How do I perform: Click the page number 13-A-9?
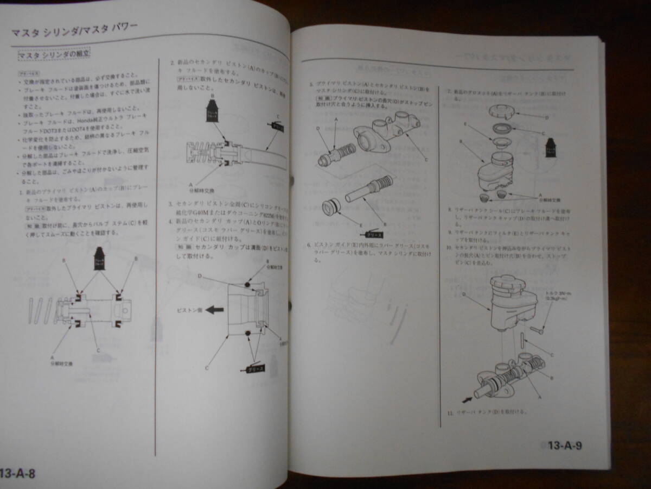pyautogui.click(x=564, y=447)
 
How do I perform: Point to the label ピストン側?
pyautogui.click(x=189, y=310)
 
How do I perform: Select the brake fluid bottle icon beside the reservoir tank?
pyautogui.click(x=550, y=147)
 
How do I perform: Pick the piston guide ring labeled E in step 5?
pyautogui.click(x=330, y=208)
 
